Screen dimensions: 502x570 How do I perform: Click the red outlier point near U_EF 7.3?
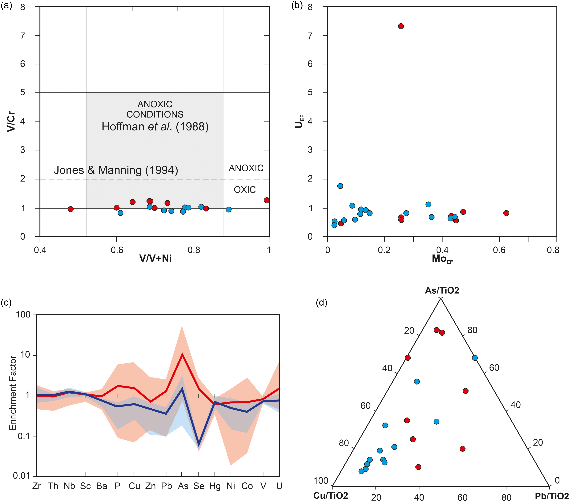click(x=401, y=26)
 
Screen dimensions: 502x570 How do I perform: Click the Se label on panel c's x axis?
click(x=199, y=486)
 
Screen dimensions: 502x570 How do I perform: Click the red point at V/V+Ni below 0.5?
click(x=71, y=209)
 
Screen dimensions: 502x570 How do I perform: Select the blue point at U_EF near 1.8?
click(x=340, y=186)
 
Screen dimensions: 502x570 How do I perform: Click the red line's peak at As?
click(x=182, y=354)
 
